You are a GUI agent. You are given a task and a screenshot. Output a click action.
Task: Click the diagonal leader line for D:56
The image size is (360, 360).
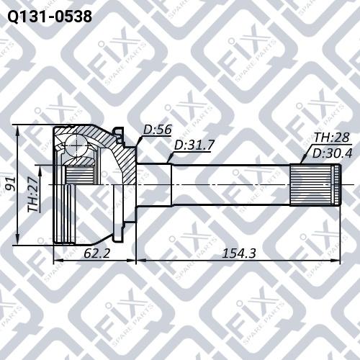click(136, 140)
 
